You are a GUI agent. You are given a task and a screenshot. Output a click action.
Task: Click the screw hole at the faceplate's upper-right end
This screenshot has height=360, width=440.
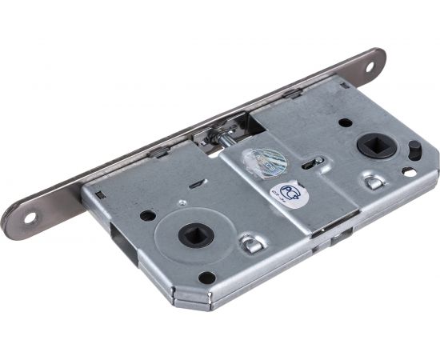tap(372, 66)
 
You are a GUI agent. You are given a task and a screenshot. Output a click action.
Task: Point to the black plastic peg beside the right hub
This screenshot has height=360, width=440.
tap(414, 150)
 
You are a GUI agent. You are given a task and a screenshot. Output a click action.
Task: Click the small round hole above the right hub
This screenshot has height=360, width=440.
tap(345, 122)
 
